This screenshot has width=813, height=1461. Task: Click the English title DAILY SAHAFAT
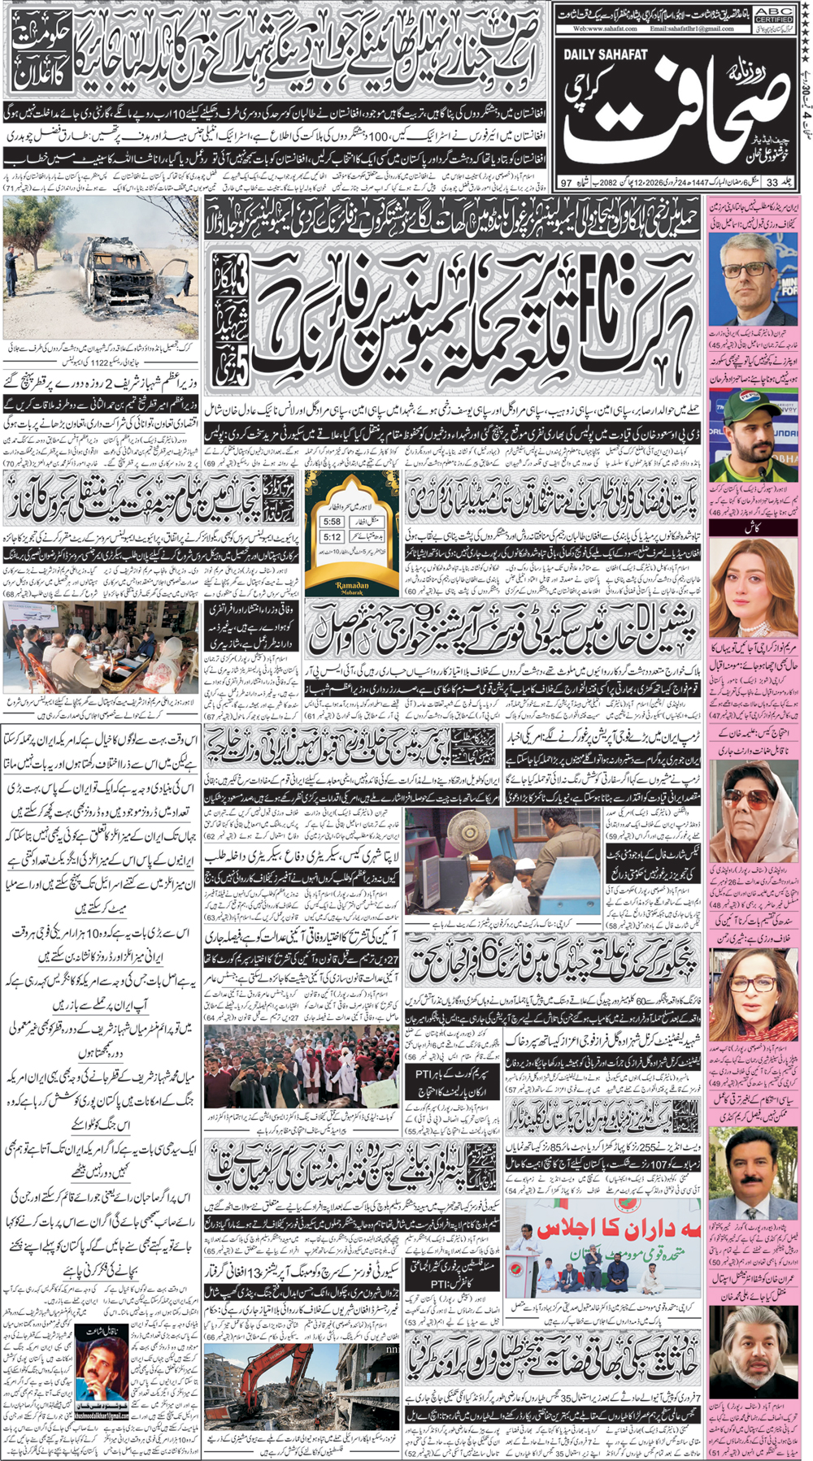pyautogui.click(x=605, y=54)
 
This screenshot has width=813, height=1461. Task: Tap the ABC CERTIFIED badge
pyautogui.click(x=773, y=15)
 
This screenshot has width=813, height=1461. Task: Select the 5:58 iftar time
pyautogui.click(x=332, y=522)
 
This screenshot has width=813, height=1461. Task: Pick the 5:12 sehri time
pyautogui.click(x=332, y=537)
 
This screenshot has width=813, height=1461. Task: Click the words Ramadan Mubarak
pyautogui.click(x=352, y=587)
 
